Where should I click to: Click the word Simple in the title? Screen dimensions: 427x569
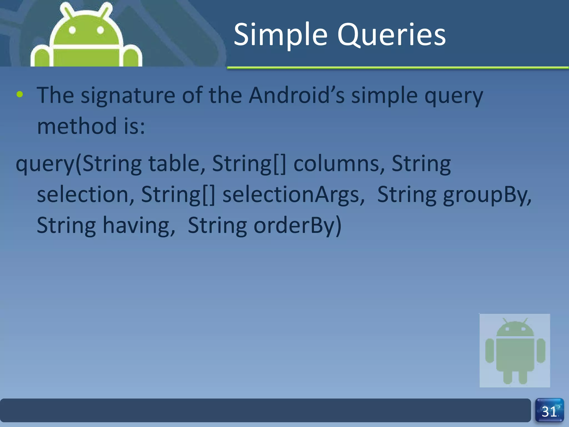[281, 35]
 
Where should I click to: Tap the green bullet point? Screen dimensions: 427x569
[20, 95]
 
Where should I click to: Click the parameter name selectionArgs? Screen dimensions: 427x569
[293, 194]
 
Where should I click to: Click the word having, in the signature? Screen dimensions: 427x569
[139, 225]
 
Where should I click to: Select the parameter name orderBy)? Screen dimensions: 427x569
[297, 225]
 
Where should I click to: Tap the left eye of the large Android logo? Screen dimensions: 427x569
[72, 30]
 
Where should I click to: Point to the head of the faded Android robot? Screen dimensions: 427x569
[515, 329]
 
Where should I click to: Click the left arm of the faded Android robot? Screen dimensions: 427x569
[490, 351]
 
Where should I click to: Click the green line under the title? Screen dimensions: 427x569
[397, 68]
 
